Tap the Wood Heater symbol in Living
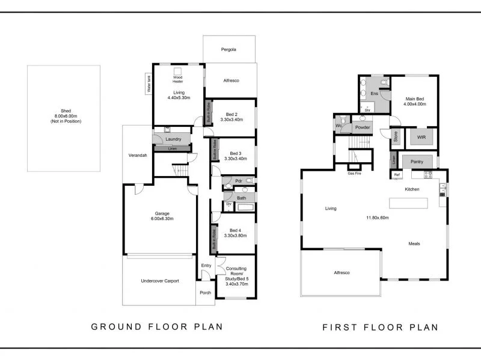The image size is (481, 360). click(177, 71)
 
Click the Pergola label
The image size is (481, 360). click(229, 49)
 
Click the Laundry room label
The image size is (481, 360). click(172, 139)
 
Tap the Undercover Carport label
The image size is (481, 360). click(159, 281)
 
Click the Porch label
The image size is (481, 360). click(204, 294)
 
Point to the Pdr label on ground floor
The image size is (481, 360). click(238, 180)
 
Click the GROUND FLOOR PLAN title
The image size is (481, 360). click(157, 327)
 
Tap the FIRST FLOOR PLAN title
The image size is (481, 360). click(380, 328)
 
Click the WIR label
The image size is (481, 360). click(420, 137)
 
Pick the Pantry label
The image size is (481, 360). click(417, 162)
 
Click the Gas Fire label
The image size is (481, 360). click(355, 173)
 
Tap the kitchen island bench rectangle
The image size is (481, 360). click(408, 203)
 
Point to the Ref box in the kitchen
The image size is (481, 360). click(397, 175)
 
